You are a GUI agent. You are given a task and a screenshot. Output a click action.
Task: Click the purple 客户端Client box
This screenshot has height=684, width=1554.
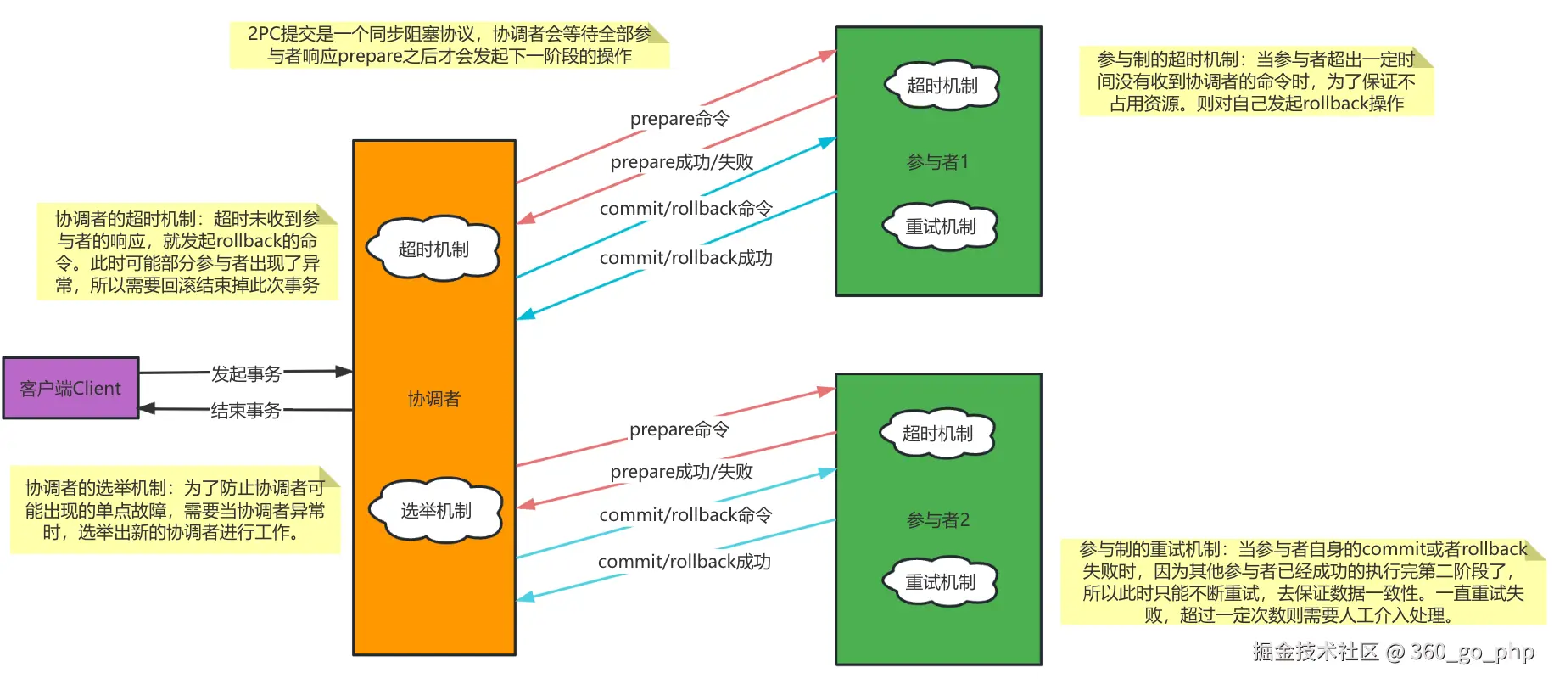click(x=70, y=388)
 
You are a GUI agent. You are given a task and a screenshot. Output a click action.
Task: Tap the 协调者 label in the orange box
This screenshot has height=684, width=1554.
click(x=433, y=399)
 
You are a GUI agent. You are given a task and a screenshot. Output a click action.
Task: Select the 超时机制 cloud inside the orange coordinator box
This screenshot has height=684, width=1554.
click(x=433, y=249)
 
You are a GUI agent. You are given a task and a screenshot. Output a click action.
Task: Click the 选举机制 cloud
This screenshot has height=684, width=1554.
click(x=435, y=510)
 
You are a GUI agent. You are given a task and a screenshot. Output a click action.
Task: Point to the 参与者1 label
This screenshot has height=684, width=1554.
click(x=937, y=162)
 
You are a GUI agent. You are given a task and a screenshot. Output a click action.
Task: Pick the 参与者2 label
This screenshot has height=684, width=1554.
click(x=937, y=520)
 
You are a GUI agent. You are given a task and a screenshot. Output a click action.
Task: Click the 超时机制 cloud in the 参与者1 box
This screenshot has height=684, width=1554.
click(x=942, y=85)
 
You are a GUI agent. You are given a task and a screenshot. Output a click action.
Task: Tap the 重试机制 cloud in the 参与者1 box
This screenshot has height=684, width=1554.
click(x=940, y=227)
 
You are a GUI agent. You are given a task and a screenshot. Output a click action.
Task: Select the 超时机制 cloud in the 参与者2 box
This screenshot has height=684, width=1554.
click(x=936, y=434)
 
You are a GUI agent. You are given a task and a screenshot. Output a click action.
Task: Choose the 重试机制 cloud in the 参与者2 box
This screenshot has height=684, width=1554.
click(x=940, y=582)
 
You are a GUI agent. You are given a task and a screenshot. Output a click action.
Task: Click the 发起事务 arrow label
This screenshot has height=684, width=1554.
click(x=246, y=373)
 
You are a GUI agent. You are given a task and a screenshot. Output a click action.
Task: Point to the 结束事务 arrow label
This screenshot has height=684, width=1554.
click(x=246, y=411)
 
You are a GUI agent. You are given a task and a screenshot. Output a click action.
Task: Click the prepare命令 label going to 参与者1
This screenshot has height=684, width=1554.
click(x=679, y=119)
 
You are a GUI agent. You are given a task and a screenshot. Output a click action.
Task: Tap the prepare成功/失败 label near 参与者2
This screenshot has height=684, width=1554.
click(x=681, y=472)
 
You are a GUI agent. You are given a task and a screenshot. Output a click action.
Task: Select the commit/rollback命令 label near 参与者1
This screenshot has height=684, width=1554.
click(x=685, y=209)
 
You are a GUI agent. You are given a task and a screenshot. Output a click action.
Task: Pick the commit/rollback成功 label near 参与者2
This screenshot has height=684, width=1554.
click(x=684, y=562)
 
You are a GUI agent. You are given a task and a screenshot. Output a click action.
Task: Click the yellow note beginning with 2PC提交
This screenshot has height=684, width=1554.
click(x=449, y=45)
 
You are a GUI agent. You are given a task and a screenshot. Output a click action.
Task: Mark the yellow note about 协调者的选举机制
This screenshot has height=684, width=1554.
click(x=175, y=510)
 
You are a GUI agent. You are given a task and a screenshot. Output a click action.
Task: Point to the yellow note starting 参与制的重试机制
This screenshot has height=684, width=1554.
click(x=1302, y=582)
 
